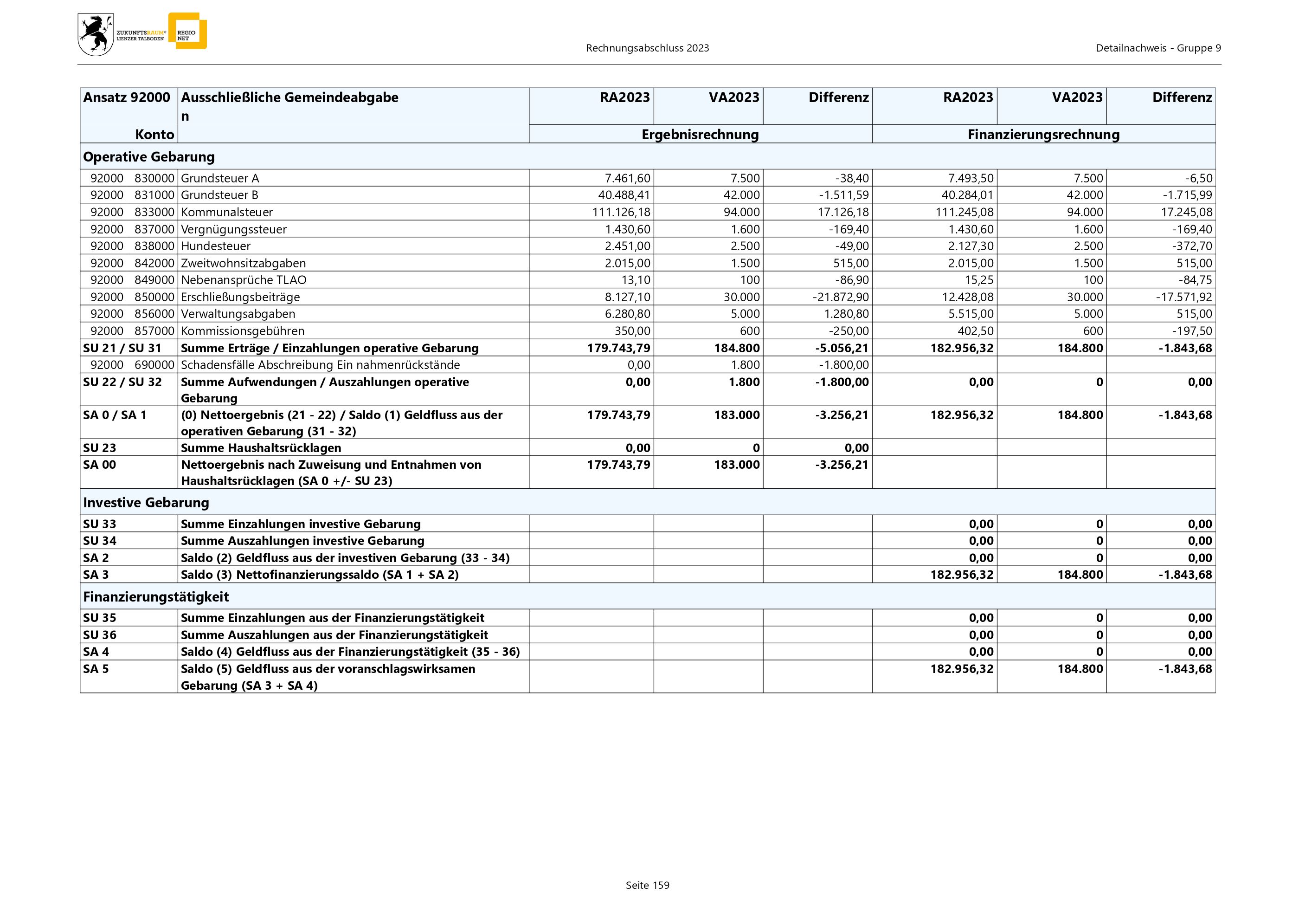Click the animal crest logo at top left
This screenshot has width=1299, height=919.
(x=96, y=34)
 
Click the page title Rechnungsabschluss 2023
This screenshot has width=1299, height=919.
(x=647, y=48)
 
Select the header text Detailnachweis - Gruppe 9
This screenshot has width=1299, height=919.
(x=1158, y=48)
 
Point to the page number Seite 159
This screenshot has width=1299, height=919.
(x=647, y=885)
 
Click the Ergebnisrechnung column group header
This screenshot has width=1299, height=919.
(x=700, y=135)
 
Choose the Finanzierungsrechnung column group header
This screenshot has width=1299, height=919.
(x=1043, y=135)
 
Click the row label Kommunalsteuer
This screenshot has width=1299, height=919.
(x=227, y=212)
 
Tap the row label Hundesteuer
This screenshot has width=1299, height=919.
(x=216, y=246)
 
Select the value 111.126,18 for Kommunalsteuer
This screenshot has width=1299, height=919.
(x=621, y=212)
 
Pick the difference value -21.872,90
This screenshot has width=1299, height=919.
(x=841, y=297)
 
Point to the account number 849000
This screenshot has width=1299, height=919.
(x=154, y=280)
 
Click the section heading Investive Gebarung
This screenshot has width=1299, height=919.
(x=146, y=503)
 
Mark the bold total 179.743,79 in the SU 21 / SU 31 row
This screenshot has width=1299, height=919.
(x=618, y=348)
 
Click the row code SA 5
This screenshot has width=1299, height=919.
(x=96, y=669)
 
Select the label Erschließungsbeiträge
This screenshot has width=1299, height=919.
(x=240, y=297)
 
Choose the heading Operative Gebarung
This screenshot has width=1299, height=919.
(x=149, y=157)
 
